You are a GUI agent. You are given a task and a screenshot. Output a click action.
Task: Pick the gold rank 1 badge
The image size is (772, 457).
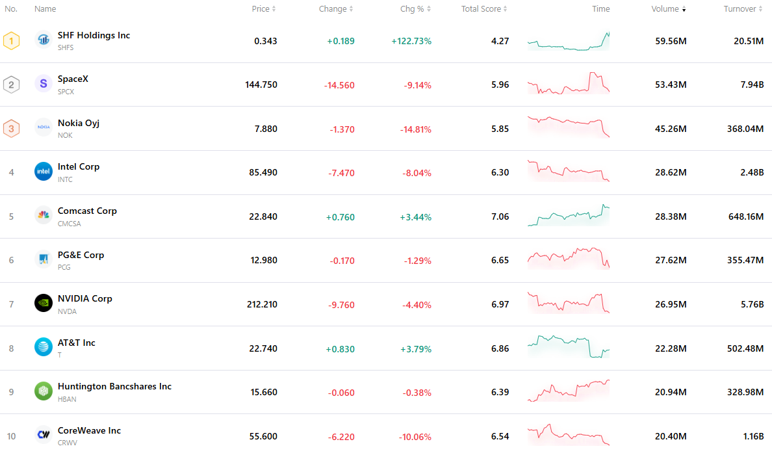pos(11,41)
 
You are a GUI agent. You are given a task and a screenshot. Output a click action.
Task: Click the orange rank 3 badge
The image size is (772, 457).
pos(11,129)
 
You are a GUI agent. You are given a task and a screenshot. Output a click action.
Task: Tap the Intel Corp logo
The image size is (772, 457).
pos(44,172)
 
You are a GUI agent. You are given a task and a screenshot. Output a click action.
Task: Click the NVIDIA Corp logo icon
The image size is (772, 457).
pos(44,303)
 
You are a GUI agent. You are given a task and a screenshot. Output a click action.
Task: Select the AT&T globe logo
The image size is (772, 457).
pos(44,346)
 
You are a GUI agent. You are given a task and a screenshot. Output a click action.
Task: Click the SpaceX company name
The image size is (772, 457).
pos(73,79)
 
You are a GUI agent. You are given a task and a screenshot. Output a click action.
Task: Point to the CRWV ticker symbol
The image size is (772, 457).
pos(68,443)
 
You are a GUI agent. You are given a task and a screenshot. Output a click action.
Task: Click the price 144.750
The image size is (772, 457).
pos(261,85)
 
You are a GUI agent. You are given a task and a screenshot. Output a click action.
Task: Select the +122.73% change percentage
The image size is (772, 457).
pos(411,41)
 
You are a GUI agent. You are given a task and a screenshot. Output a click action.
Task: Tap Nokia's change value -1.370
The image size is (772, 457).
pos(342,129)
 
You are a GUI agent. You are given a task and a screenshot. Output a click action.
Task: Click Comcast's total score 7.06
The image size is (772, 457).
pos(500,216)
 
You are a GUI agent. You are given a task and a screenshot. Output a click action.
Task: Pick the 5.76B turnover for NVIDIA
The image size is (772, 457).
pos(753,304)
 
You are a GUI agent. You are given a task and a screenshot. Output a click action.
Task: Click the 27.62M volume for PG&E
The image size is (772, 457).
pos(671,260)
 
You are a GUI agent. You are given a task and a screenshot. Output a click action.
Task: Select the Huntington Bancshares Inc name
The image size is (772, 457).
pos(114,387)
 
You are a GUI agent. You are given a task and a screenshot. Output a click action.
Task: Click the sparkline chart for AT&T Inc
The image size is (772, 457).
pos(569,346)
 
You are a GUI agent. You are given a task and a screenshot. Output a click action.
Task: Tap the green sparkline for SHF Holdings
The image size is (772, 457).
pos(569,41)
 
